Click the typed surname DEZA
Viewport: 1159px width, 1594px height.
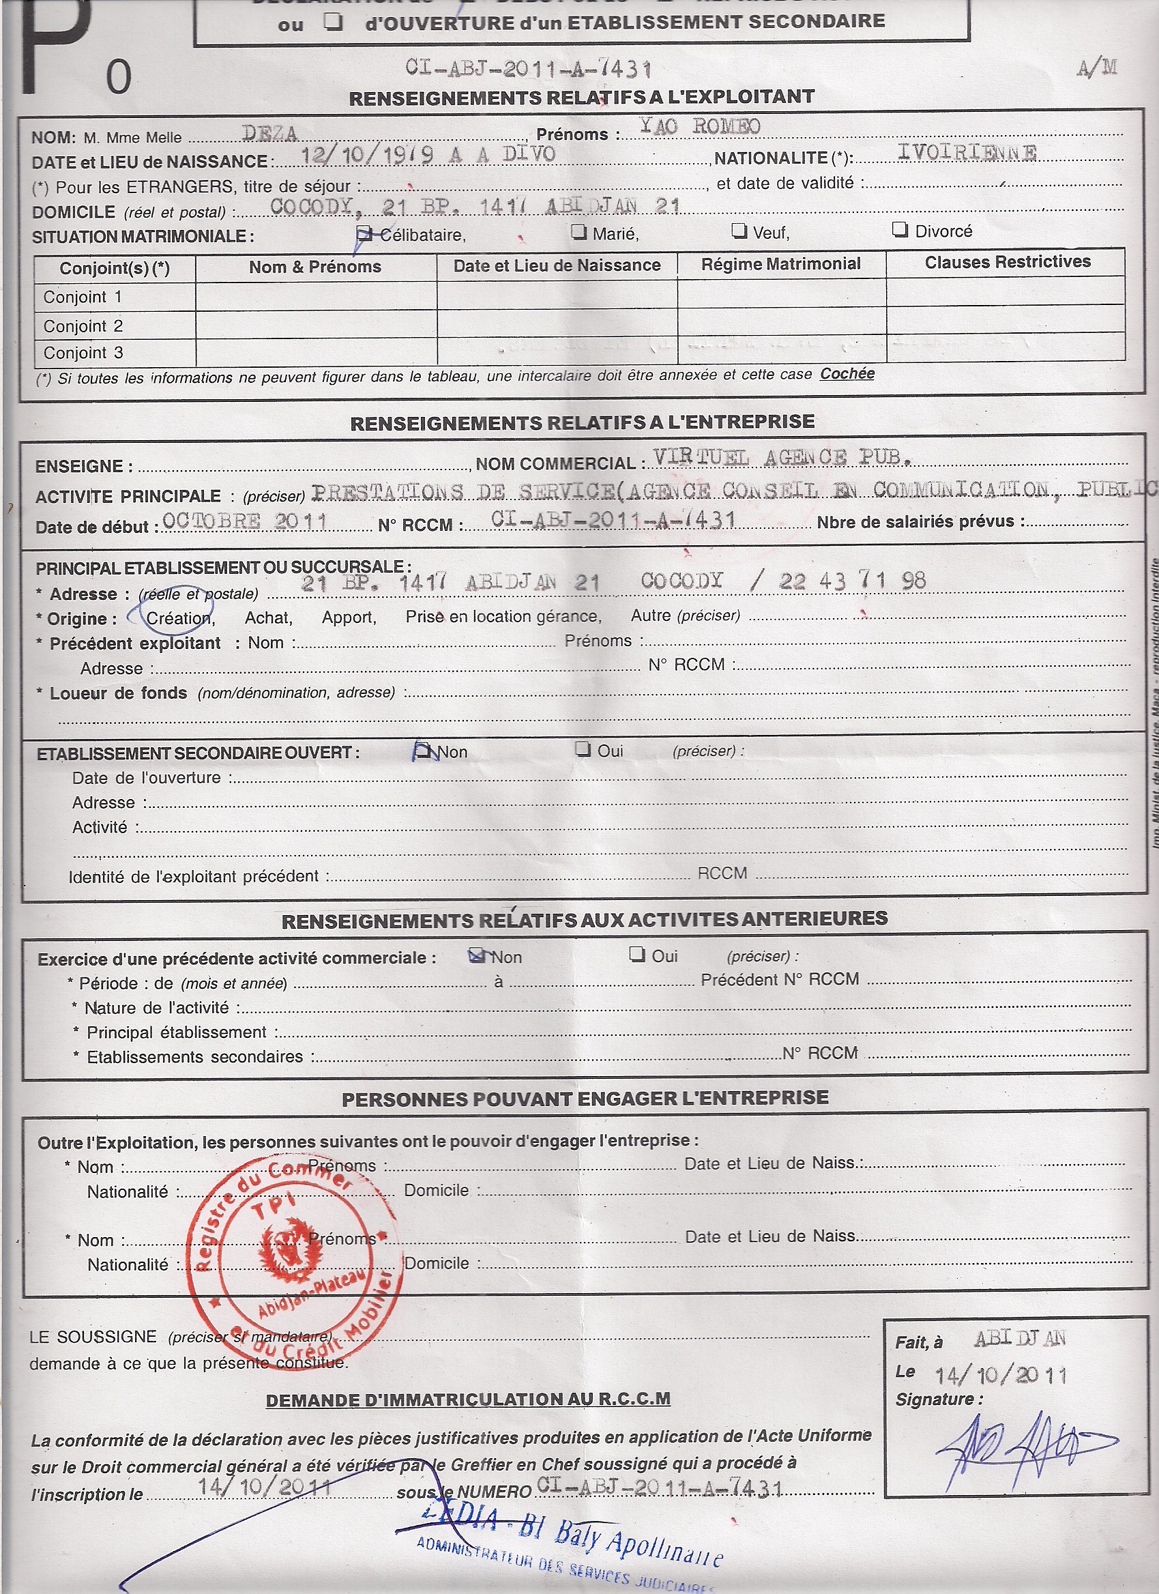click(269, 133)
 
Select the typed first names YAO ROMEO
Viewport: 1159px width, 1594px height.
click(700, 126)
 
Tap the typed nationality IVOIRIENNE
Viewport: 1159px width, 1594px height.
click(967, 153)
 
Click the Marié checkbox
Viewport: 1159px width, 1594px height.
click(578, 232)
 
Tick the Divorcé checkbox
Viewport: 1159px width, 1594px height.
click(900, 230)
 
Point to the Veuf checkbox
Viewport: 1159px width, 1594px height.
click(739, 231)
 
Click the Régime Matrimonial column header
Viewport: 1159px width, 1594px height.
click(780, 264)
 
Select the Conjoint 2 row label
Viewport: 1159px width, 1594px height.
click(83, 326)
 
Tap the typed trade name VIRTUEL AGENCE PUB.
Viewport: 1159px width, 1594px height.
click(782, 458)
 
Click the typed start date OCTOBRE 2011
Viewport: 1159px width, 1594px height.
click(244, 521)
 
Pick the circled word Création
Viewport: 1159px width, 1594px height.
click(179, 618)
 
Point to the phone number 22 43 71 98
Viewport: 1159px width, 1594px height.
click(852, 581)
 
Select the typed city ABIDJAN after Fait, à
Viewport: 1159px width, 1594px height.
click(1019, 1339)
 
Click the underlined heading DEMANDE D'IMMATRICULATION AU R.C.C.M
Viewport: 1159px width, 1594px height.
click(468, 1400)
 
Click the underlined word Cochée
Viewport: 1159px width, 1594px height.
click(847, 374)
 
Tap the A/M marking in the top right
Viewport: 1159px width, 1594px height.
click(1096, 68)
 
